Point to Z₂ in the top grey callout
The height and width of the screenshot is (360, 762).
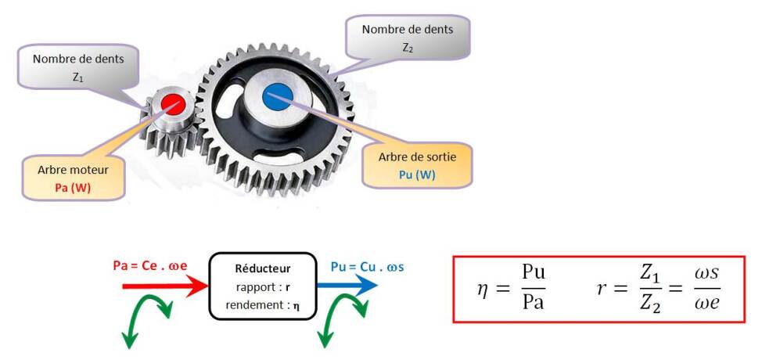(x=407, y=47)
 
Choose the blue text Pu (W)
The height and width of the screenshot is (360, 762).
(x=416, y=175)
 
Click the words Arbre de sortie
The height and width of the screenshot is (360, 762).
(x=416, y=157)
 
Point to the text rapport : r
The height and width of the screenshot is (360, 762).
(x=262, y=286)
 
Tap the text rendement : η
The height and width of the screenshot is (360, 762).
(x=262, y=305)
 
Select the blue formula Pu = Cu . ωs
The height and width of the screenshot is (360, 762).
(x=367, y=267)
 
